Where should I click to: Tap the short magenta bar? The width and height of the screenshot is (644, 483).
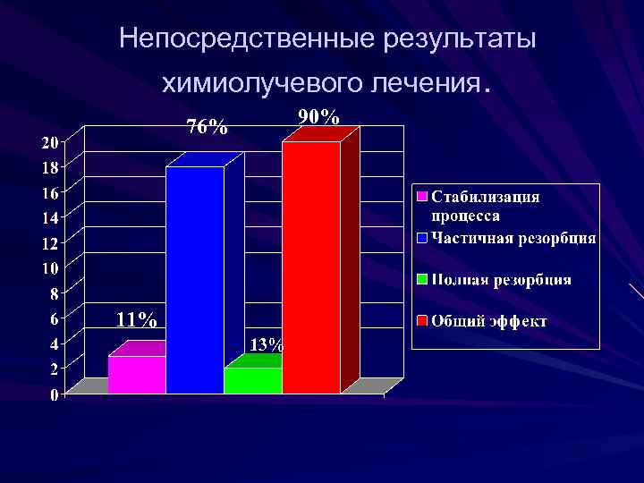[137, 374]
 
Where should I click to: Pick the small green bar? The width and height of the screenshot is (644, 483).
[253, 380]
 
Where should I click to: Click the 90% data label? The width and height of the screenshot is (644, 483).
[318, 117]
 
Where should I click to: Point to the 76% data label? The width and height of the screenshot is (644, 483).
[206, 127]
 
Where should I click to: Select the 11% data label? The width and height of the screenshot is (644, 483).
[137, 319]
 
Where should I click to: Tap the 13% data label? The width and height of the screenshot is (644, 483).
[266, 344]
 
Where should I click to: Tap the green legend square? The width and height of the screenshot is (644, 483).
[421, 280]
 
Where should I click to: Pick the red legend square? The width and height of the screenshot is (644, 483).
[421, 321]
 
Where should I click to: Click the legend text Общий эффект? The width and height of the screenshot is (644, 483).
[489, 321]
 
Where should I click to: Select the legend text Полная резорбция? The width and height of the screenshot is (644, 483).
[502, 280]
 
